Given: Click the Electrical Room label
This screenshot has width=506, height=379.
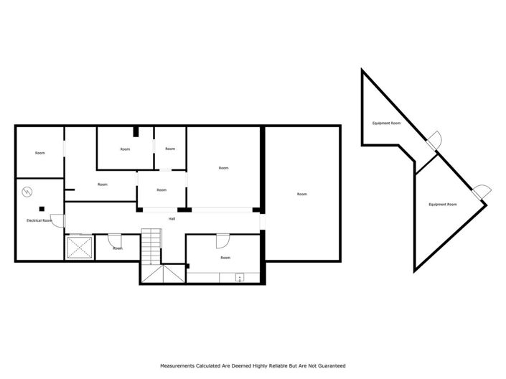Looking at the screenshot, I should click(x=39, y=220).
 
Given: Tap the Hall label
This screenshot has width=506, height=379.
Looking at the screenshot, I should click(x=172, y=218).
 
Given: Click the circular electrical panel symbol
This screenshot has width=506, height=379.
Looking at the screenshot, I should click(x=27, y=192).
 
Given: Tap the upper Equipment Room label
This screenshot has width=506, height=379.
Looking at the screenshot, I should click(x=386, y=123).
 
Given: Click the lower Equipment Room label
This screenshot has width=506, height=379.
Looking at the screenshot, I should click(x=442, y=205).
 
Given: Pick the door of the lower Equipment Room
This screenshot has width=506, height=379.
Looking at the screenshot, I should click(x=482, y=190).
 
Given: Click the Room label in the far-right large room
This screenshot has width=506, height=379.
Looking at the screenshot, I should click(x=301, y=194).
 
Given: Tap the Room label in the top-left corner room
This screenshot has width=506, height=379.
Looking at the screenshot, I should click(x=40, y=153).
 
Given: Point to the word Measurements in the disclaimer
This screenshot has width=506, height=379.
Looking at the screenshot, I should click(x=180, y=365).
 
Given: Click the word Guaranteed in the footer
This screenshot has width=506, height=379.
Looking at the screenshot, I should click(x=331, y=365).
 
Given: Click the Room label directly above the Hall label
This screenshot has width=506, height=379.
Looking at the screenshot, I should click(x=161, y=190).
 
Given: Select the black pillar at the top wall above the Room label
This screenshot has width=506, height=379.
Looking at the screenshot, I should click(x=136, y=131).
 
